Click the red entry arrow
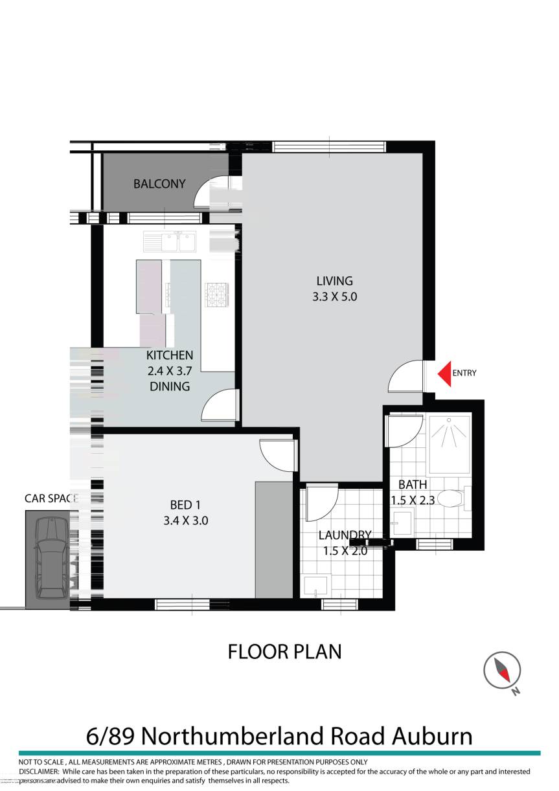coord(444,373)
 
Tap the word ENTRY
coord(464,373)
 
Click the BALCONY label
coord(159,184)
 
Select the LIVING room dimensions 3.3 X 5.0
coord(335,298)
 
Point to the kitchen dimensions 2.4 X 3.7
coord(170,371)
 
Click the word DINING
coord(170,386)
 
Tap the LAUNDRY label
coord(345,535)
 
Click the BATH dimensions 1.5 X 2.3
coord(413,500)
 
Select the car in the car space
coord(48,558)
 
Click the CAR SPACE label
coord(51,498)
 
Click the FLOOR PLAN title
coord(284,651)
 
